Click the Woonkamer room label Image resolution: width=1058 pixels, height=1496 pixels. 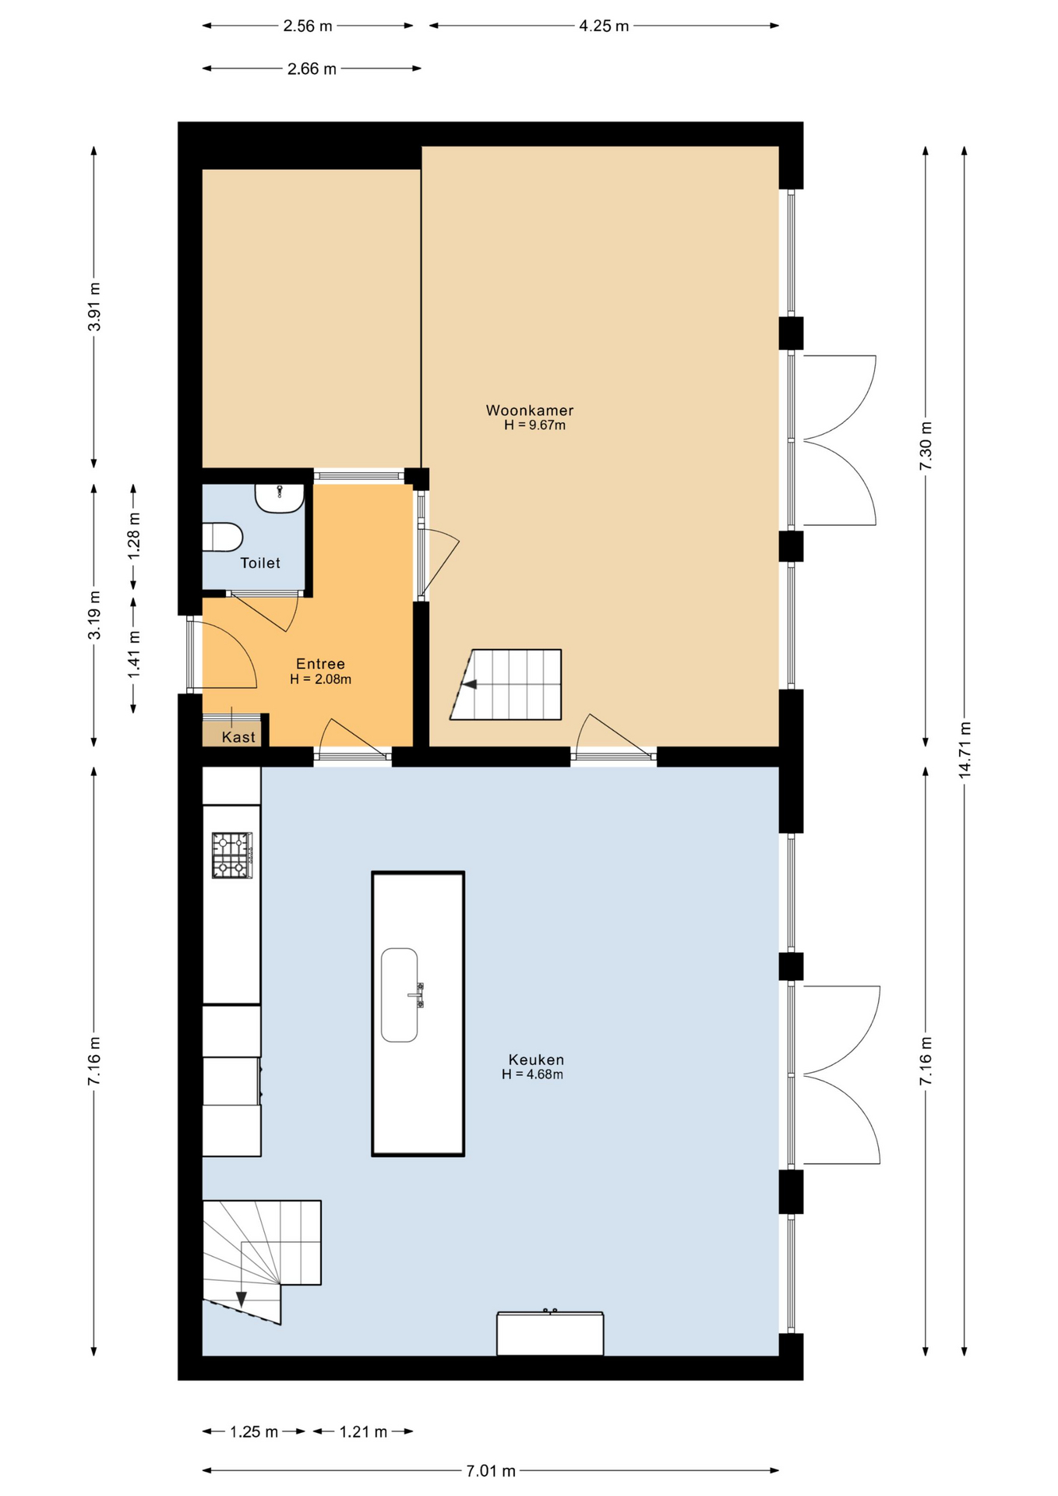(x=529, y=410)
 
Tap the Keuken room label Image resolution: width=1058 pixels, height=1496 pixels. (x=535, y=1060)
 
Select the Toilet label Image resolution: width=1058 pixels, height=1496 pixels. (x=259, y=563)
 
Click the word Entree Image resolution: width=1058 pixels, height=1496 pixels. (x=320, y=664)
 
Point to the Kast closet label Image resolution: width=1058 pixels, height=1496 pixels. (x=238, y=737)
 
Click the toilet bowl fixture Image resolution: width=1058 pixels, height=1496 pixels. (x=224, y=538)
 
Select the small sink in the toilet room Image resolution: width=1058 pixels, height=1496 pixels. (x=280, y=497)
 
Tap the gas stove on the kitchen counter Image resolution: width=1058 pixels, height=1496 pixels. (x=232, y=856)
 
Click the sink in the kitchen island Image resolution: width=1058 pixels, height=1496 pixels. (x=400, y=995)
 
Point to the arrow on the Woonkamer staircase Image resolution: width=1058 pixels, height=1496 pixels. (x=470, y=685)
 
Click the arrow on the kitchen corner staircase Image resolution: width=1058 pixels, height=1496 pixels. (x=241, y=1299)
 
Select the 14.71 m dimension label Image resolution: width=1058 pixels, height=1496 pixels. (x=965, y=750)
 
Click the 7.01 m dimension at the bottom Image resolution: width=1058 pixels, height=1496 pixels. (x=491, y=1471)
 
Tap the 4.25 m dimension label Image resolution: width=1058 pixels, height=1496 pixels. (x=604, y=26)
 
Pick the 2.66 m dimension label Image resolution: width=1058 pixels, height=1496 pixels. (x=312, y=69)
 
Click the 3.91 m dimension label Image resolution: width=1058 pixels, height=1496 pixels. (x=93, y=307)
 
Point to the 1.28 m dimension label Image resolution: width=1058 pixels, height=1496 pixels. (x=134, y=534)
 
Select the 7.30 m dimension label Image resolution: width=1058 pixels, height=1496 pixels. (x=926, y=446)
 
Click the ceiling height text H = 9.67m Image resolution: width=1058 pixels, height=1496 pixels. (x=534, y=425)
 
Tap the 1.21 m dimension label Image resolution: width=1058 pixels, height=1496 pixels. (x=363, y=1432)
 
